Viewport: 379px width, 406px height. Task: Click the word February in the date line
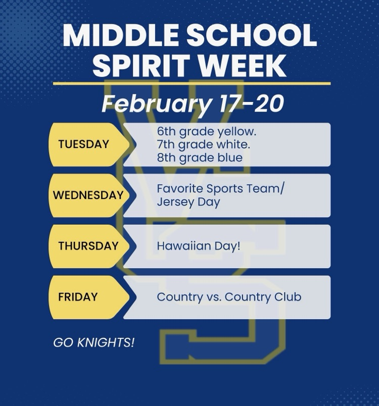click(156, 104)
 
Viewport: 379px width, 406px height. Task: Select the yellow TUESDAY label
click(83, 144)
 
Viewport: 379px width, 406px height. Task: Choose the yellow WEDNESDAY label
click(88, 195)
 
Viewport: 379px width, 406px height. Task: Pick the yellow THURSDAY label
click(88, 246)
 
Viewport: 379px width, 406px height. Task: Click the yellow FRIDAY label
click(78, 297)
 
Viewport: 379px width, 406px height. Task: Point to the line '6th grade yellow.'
click(207, 132)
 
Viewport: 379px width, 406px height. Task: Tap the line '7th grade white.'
click(204, 145)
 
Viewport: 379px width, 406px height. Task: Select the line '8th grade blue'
click(200, 158)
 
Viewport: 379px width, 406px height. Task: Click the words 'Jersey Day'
click(188, 202)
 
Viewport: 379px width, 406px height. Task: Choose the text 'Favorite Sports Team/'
click(221, 189)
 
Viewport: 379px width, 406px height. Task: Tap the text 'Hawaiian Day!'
click(199, 246)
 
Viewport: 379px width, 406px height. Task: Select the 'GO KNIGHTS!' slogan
click(94, 343)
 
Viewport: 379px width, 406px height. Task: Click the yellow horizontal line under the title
click(192, 83)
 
